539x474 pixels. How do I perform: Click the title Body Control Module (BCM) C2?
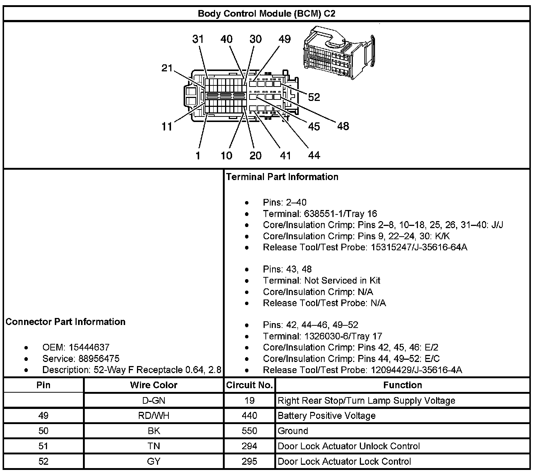click(x=267, y=14)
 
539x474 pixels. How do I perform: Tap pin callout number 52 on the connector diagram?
click(x=314, y=97)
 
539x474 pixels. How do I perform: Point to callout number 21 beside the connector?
click(x=167, y=68)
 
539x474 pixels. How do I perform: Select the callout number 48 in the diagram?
click(x=343, y=126)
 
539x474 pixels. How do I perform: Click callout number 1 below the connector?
click(x=198, y=156)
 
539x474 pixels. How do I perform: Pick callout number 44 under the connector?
click(x=314, y=156)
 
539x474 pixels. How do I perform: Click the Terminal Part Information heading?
click(x=282, y=177)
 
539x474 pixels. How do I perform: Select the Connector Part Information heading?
click(x=66, y=322)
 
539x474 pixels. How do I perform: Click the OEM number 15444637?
click(x=89, y=347)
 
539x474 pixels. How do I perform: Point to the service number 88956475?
click(x=99, y=359)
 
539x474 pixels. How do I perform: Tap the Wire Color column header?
click(x=154, y=385)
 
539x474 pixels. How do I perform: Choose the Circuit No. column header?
click(x=250, y=385)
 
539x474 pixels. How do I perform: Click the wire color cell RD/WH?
click(x=154, y=416)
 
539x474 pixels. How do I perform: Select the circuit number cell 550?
click(x=250, y=431)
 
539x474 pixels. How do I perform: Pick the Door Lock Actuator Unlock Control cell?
click(x=349, y=446)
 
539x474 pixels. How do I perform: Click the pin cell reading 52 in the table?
click(x=43, y=461)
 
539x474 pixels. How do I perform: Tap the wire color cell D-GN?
click(x=154, y=400)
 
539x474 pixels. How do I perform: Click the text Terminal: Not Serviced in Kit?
click(x=322, y=281)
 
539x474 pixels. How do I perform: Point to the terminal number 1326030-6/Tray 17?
click(x=343, y=336)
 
